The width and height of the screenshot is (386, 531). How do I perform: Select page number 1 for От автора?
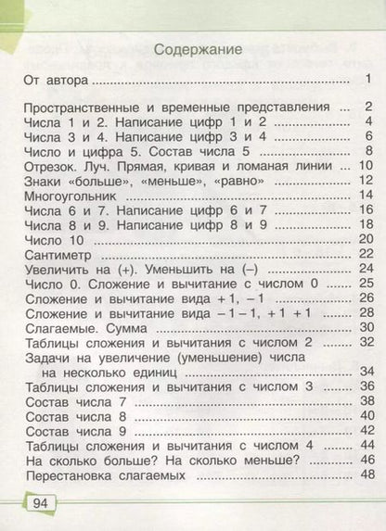tap(368, 81)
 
